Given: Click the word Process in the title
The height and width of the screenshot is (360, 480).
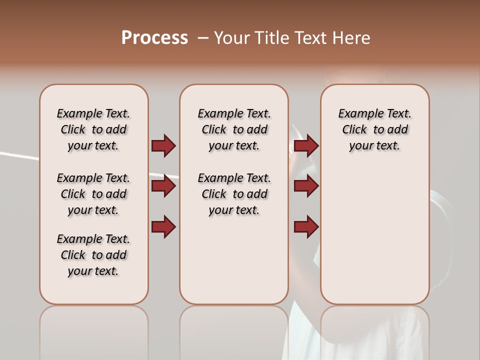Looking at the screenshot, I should point(154,38).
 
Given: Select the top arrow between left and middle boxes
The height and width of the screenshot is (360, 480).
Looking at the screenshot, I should point(163,145).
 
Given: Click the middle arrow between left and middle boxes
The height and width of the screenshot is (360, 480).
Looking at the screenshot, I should point(163,186).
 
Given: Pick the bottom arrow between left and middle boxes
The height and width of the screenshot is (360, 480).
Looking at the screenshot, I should point(163,226).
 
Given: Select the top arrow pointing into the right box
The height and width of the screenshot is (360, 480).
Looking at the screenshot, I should point(306,145).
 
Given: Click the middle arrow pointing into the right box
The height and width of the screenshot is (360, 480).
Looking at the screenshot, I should point(306,186).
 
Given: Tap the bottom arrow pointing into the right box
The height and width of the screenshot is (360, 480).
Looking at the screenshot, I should point(306,226).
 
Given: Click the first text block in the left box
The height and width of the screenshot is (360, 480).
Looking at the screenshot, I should point(93,129).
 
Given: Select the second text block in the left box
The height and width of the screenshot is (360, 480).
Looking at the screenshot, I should point(93,194).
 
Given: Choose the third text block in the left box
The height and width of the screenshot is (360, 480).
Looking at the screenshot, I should point(93,255).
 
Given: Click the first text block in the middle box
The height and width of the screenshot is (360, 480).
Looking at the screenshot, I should point(234,129).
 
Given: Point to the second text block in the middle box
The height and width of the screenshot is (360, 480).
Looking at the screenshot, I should point(234,194).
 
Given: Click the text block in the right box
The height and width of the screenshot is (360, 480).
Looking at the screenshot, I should point(374,129).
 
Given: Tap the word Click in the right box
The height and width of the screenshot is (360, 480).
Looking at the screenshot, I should point(354,129).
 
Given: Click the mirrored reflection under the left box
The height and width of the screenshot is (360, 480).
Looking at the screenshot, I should point(93,330).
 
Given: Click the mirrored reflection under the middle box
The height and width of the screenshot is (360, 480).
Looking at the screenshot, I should point(234,330).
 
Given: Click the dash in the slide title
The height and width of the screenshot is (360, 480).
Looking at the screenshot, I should point(202,38).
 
